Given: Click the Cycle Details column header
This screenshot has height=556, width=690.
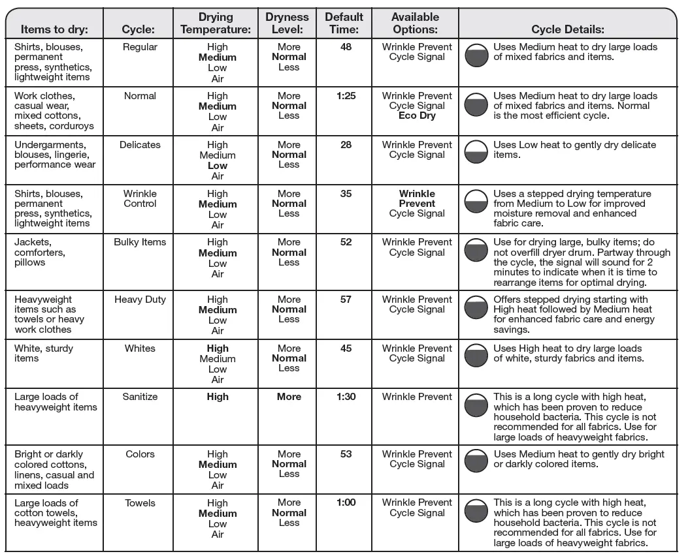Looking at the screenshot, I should point(567,29).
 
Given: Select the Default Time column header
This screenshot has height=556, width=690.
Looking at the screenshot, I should point(344,23).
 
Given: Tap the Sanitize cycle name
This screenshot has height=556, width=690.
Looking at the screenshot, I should point(140,397).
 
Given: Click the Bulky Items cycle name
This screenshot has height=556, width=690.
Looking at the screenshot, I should point(140,242).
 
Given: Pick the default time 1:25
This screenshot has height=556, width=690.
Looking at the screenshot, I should point(346,96).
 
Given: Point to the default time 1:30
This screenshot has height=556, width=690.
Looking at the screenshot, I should point(346,397).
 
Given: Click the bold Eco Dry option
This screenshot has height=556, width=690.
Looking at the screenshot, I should point(417,116).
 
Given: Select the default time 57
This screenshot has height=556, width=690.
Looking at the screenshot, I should point(346,300).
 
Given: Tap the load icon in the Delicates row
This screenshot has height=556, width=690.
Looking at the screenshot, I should point(476,151).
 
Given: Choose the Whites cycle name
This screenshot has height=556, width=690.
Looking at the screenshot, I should point(140,348).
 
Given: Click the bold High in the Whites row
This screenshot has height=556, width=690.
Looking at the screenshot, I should point(218,348).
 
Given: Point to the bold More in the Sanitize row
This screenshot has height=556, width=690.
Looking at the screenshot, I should point(289,397).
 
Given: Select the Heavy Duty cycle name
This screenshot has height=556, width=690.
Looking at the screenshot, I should point(140,300).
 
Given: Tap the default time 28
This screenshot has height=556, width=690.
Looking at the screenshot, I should point(346,145).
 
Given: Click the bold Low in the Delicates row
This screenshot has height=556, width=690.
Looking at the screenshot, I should point(218,166).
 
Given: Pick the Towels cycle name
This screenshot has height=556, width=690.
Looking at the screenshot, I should point(140,503).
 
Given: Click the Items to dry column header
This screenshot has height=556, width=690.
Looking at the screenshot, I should point(54,29).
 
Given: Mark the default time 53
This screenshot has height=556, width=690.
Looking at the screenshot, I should point(346,454).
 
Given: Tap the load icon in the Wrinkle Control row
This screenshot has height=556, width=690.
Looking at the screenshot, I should point(476,201).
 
